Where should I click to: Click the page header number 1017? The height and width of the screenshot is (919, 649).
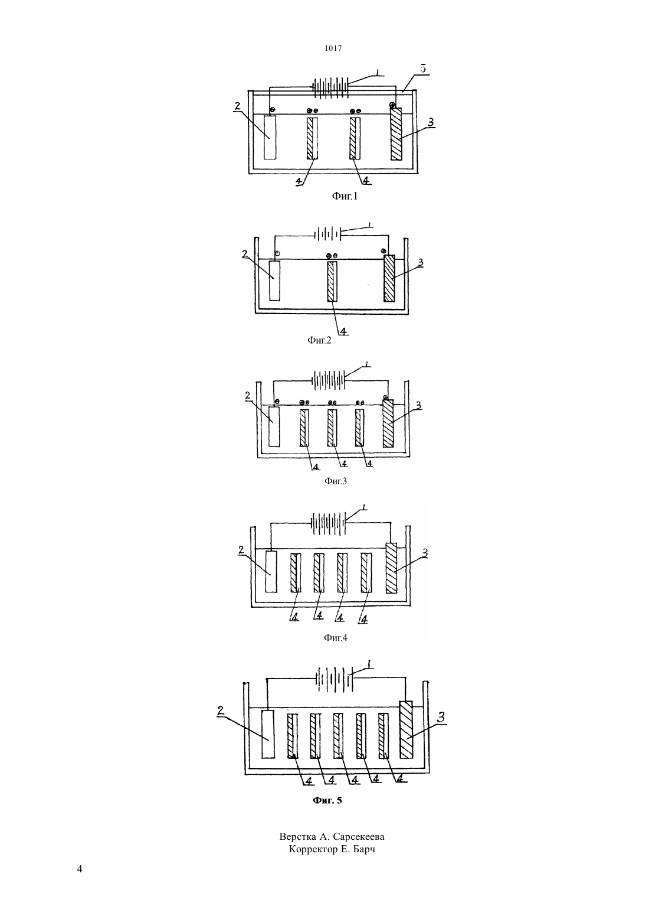333,48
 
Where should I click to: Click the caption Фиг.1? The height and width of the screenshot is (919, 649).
345,196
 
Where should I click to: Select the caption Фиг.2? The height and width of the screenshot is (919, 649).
319,340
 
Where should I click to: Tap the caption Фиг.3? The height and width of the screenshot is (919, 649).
336,481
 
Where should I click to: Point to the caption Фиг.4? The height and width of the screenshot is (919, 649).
336,637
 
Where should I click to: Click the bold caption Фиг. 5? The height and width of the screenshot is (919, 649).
327,800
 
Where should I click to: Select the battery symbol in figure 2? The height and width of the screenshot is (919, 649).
327,234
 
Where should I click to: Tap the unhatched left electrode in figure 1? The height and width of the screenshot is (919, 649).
270,137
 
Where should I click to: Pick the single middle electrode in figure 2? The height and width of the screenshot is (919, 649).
332,282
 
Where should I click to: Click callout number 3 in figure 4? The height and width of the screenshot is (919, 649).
425,553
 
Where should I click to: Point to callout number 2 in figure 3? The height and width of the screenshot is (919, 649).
247,396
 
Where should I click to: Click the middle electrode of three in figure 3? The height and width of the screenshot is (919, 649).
332,428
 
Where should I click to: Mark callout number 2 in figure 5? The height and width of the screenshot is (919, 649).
221,711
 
